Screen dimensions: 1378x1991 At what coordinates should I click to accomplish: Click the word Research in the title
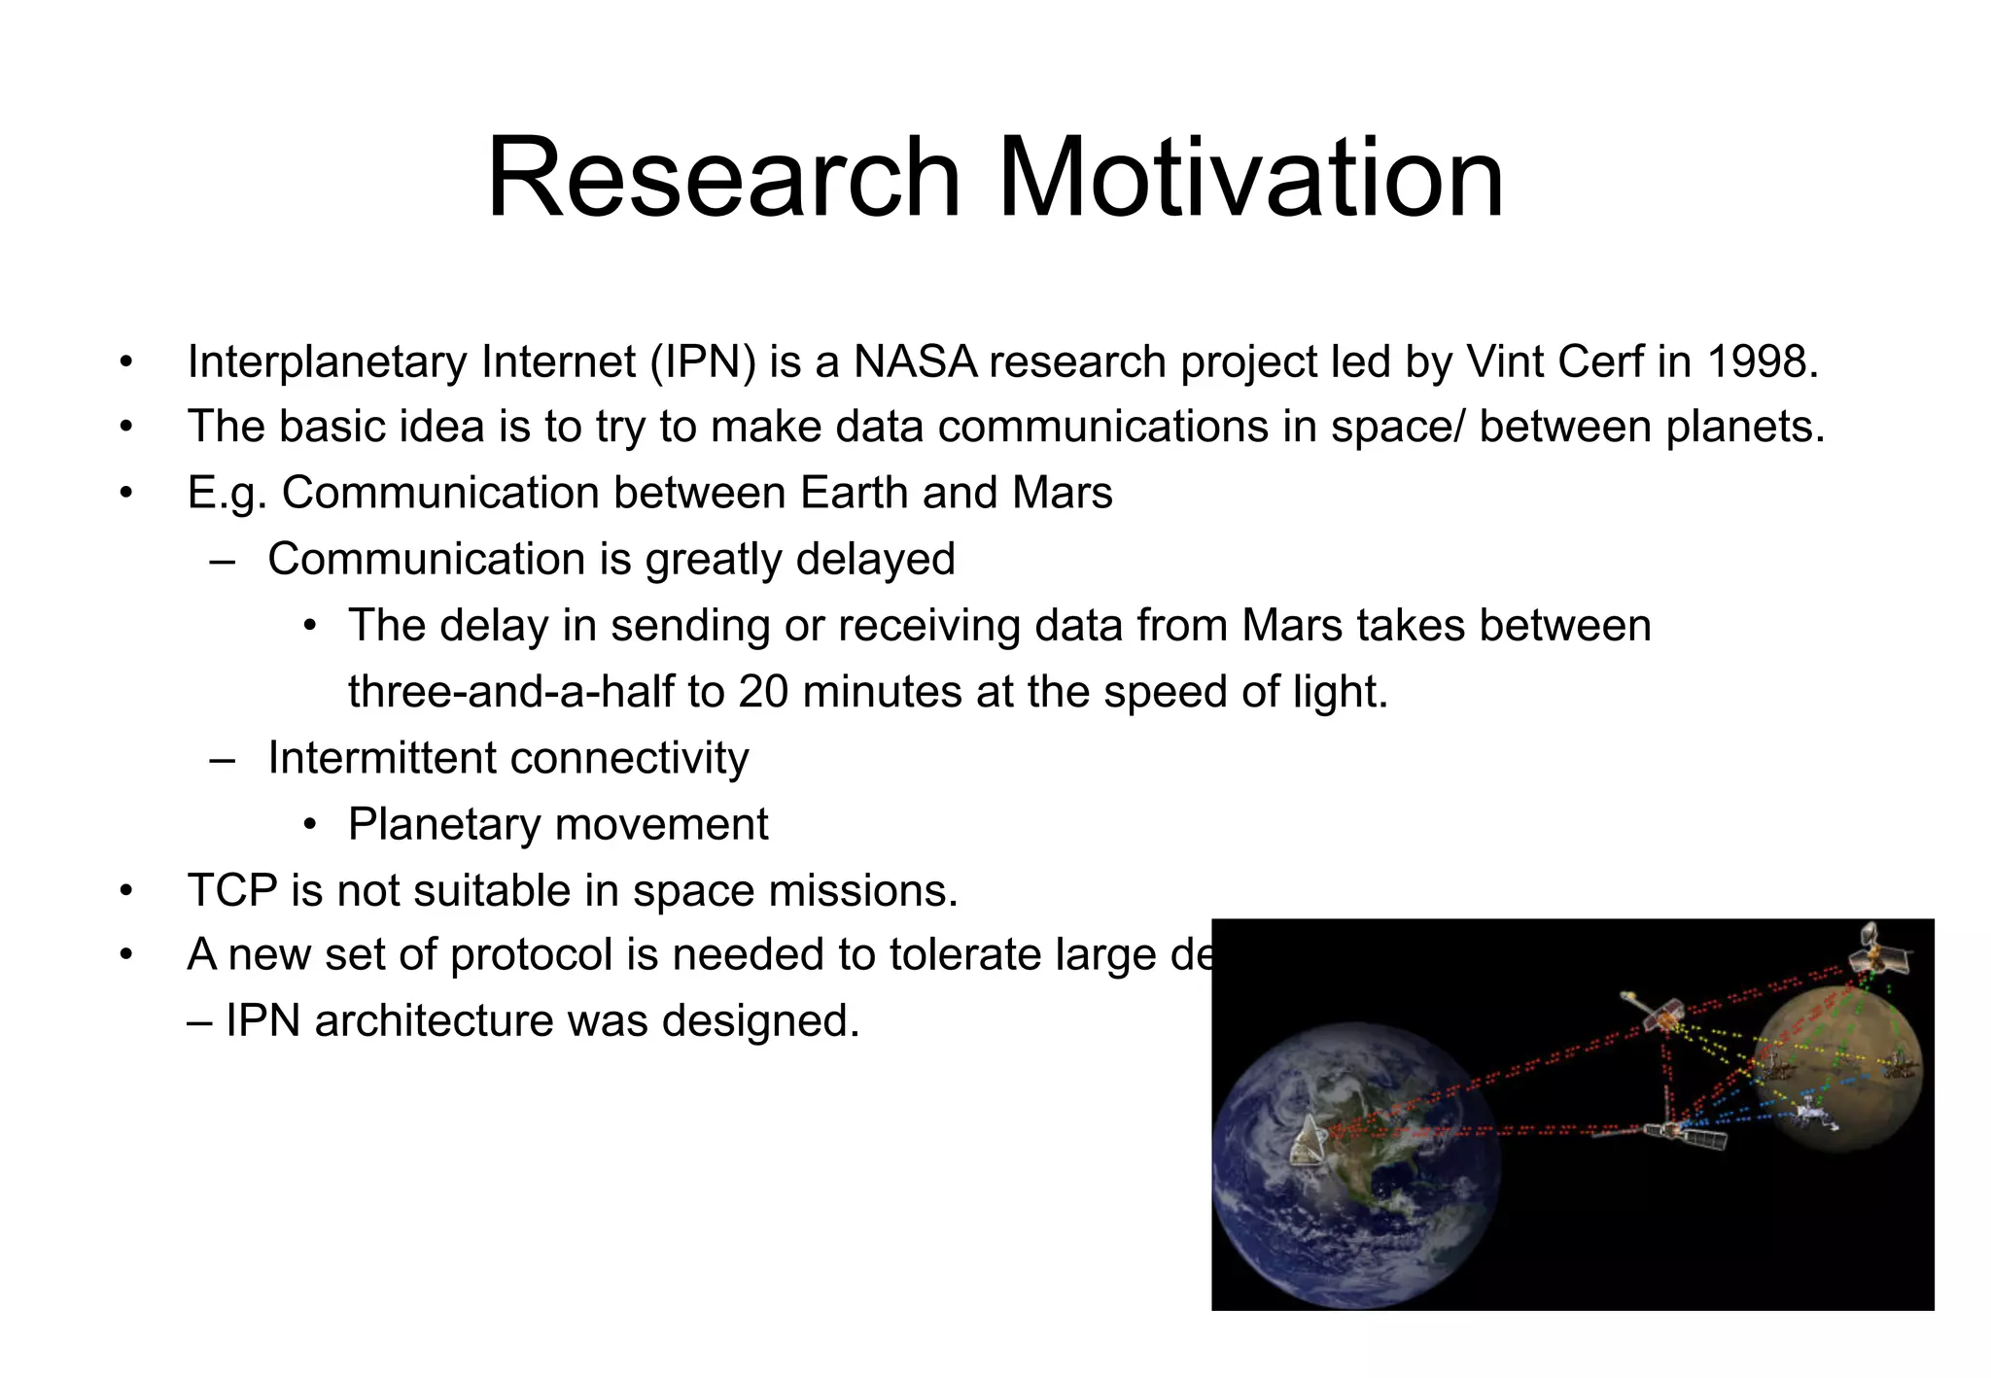coord(724,178)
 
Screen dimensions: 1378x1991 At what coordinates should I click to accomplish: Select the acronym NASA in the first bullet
coord(915,362)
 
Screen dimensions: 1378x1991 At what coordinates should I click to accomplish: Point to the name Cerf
coord(1600,362)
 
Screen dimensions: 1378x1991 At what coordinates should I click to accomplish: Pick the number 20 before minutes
coord(763,692)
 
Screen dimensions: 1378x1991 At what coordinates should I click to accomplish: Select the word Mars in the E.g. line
coord(1062,493)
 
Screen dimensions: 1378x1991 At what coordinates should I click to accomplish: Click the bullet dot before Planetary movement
coord(309,825)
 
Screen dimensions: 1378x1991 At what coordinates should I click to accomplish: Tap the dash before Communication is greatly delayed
coord(223,560)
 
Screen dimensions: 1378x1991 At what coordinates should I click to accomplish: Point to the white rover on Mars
coord(1812,1113)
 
